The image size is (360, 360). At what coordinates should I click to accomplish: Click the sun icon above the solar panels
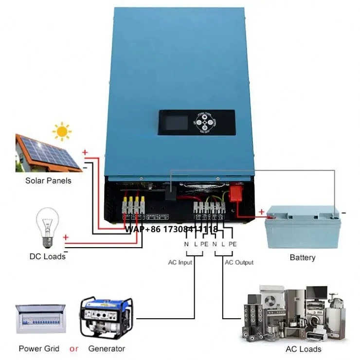pyautogui.click(x=62, y=131)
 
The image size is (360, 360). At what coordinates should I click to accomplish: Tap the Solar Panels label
pyautogui.click(x=49, y=181)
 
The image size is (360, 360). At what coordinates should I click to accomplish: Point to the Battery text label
pyautogui.click(x=302, y=257)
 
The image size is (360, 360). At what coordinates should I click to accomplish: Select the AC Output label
pyautogui.click(x=239, y=263)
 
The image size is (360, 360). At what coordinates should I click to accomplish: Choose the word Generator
pyautogui.click(x=107, y=348)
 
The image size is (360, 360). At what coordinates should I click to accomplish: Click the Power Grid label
pyautogui.click(x=39, y=348)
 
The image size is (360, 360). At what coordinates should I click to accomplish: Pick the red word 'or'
pyautogui.click(x=74, y=348)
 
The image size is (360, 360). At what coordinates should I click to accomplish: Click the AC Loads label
pyautogui.click(x=303, y=349)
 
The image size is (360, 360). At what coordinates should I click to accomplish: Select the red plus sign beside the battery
pyautogui.click(x=262, y=212)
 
